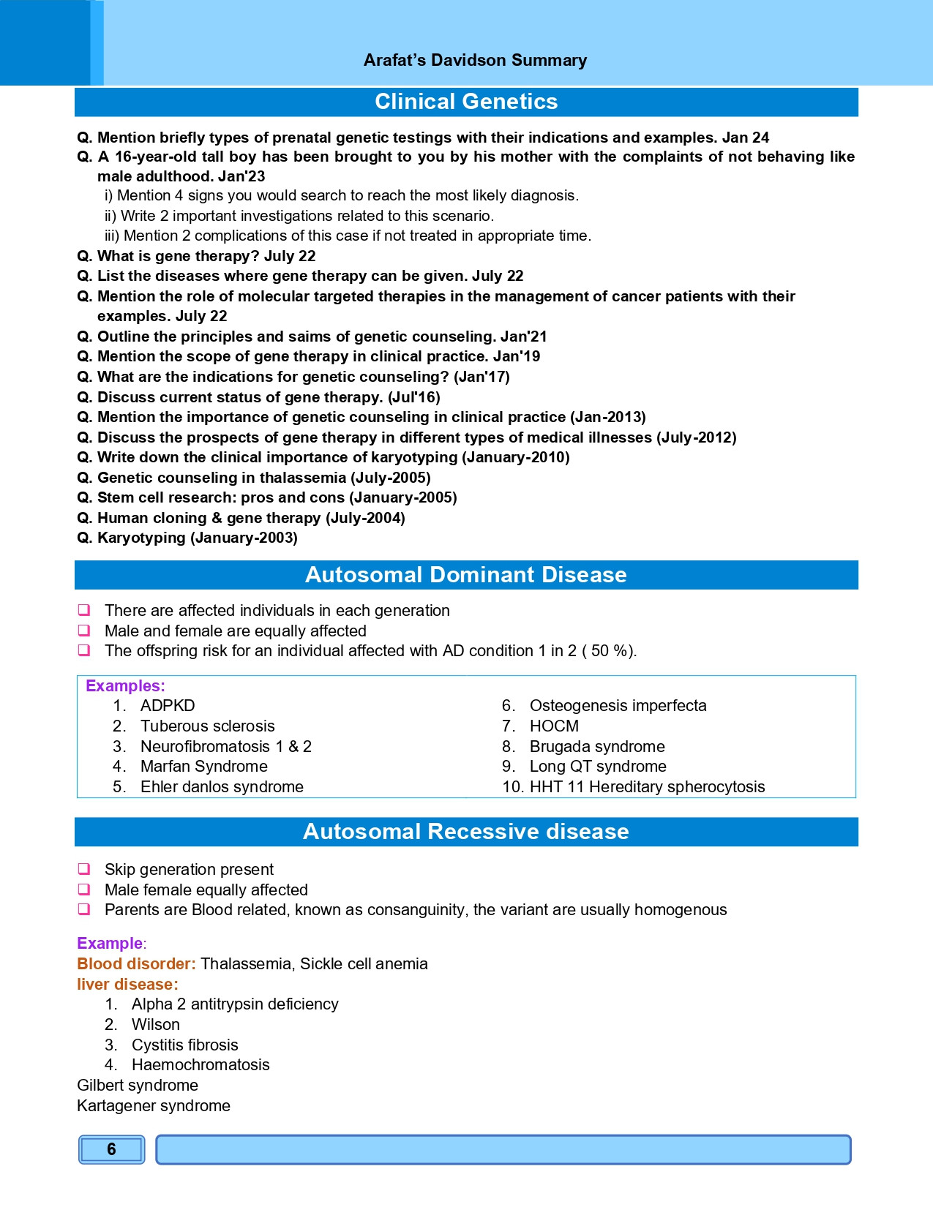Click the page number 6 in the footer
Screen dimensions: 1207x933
click(x=111, y=1149)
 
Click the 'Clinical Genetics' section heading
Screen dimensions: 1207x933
click(x=466, y=102)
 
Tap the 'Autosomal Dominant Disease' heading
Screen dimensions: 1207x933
click(x=466, y=575)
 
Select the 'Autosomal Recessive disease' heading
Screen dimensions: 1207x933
click(x=466, y=832)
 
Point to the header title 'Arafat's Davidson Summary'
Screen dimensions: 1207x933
click(x=475, y=60)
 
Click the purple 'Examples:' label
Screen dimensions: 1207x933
click(x=125, y=686)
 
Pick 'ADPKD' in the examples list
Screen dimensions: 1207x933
click(x=168, y=706)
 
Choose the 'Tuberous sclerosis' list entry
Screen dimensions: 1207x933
click(x=208, y=726)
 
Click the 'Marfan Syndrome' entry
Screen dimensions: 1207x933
click(x=204, y=767)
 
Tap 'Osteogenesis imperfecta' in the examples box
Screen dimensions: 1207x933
click(x=618, y=706)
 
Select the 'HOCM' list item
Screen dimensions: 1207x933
click(x=554, y=726)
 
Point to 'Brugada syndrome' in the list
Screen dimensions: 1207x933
click(x=597, y=747)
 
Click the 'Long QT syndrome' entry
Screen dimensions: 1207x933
click(x=598, y=767)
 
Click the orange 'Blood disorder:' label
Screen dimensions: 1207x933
click(x=137, y=964)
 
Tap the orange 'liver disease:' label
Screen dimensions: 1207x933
click(x=127, y=985)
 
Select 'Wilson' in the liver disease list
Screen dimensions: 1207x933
click(x=156, y=1025)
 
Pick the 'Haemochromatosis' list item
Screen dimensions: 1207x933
click(x=201, y=1065)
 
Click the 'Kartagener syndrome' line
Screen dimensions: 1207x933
click(x=154, y=1106)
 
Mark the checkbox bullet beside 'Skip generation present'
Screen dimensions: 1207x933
click(x=84, y=869)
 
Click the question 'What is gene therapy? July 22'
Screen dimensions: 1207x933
click(x=206, y=256)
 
